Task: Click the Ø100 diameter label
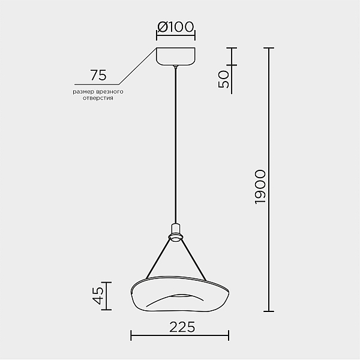176,27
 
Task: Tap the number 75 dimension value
98,75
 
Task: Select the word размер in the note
83,92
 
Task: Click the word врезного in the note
110,92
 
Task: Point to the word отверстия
98,98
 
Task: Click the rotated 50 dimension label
224,79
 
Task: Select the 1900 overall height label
260,187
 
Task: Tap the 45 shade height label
99,296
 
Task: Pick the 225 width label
182,327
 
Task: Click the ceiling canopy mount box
176,56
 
